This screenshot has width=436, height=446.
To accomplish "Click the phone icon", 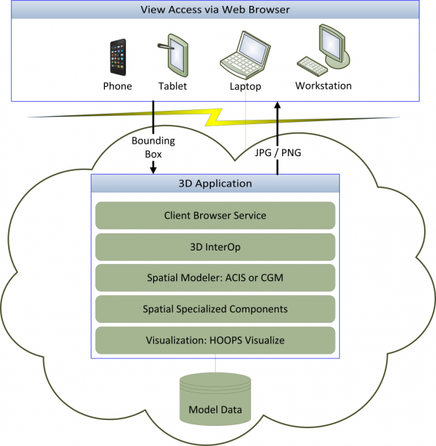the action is point(118,57).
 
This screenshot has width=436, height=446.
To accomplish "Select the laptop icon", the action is point(246,55).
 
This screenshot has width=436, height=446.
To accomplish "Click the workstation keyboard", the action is point(312,66).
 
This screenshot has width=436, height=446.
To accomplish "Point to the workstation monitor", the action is point(334,46).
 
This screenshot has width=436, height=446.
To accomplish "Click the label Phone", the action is point(118,86).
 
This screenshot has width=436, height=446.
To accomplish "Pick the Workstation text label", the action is point(323,85).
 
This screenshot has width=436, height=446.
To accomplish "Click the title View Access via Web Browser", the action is point(215,10).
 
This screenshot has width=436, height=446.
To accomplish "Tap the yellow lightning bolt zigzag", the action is point(214,117).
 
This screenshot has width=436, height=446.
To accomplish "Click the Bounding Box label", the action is point(153,147).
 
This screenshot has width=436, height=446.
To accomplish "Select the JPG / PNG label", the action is point(278,152).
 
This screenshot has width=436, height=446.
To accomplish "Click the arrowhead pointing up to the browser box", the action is point(278,105).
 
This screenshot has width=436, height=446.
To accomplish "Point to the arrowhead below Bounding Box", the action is point(153,170).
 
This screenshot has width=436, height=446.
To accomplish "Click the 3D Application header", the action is point(215,184).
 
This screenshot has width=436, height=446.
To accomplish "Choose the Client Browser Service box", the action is point(215,216).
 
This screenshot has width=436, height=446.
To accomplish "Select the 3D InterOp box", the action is point(215,247).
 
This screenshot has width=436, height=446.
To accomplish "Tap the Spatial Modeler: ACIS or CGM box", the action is point(215,277).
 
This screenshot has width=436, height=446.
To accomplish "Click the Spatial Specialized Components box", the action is point(215,309).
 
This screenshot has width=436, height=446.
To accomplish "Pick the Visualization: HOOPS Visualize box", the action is point(215,340).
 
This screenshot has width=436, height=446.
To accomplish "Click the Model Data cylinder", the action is point(215,399).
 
